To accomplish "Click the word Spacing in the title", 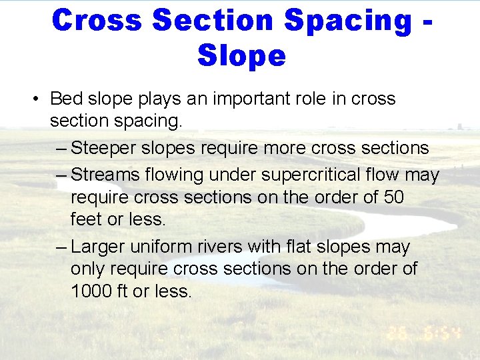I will (348, 20).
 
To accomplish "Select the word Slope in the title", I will (241, 56).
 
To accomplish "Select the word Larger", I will (99, 247).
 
